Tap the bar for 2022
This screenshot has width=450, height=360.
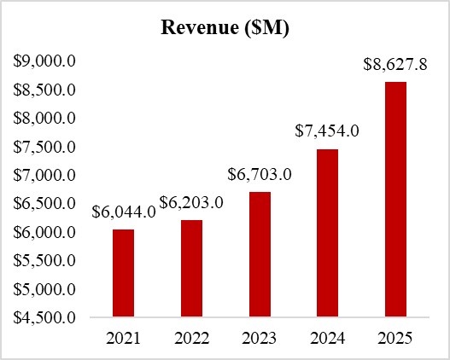(191, 269)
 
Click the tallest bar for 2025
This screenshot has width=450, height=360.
(394, 200)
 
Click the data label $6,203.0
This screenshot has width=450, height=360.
(191, 204)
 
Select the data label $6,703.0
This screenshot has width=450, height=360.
(260, 175)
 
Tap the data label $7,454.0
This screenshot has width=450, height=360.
(327, 131)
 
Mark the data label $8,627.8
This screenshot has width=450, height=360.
(394, 64)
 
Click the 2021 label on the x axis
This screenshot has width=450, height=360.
(123, 338)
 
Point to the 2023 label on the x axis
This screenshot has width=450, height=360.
(259, 338)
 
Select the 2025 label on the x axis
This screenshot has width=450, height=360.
(394, 338)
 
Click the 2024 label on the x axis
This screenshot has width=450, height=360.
(327, 338)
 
